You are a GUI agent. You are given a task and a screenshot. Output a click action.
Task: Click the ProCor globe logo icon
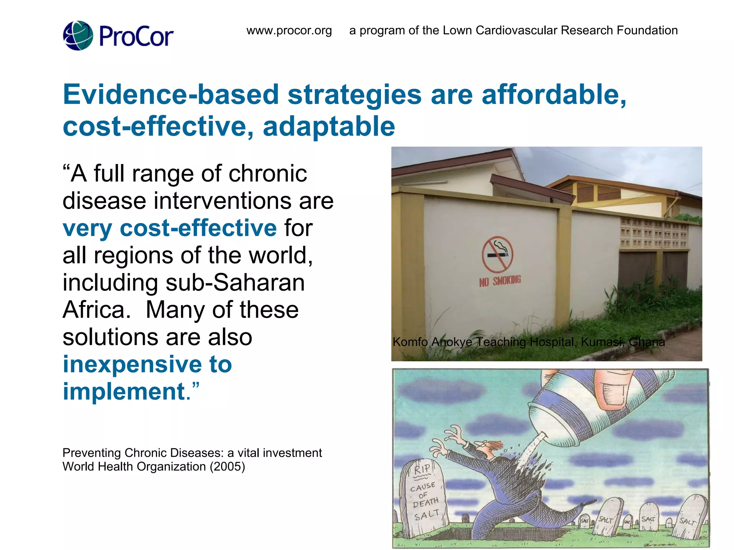[x=78, y=35]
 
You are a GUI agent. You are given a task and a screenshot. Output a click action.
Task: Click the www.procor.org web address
[x=289, y=30]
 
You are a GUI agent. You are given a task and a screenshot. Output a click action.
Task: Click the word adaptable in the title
[x=329, y=126]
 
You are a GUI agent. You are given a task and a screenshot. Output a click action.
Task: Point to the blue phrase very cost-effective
[x=170, y=228]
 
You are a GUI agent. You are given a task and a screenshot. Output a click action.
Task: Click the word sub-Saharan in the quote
[x=235, y=283]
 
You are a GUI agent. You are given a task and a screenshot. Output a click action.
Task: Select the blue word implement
[x=124, y=391]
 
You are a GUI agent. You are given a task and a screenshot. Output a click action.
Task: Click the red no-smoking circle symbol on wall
[x=497, y=255]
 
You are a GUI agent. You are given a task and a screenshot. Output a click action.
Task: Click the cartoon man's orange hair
[x=495, y=445]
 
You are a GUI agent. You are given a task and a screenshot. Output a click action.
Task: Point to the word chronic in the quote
[x=267, y=174]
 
